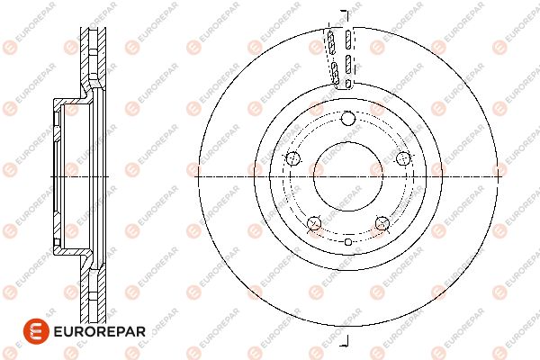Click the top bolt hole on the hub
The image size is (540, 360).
(347, 119)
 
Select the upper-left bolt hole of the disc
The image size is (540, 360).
(293, 158)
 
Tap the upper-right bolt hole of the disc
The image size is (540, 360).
(403, 158)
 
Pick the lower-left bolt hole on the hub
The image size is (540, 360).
(314, 223)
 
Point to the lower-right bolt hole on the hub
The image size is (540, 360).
(382, 223)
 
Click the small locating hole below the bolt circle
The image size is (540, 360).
(348, 242)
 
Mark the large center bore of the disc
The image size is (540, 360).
(348, 176)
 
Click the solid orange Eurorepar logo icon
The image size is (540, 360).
(36, 331)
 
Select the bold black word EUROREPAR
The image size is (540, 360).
(100, 332)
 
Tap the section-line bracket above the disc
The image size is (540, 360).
(346, 15)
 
